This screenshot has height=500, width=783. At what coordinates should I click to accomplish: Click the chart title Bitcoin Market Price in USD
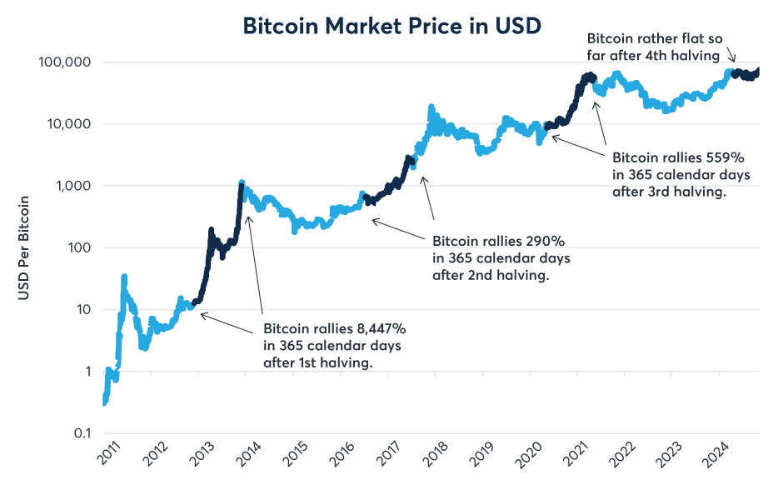(391, 26)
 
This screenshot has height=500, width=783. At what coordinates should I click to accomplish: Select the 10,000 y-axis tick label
(67, 124)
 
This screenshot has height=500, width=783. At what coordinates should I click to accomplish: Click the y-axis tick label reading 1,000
(71, 186)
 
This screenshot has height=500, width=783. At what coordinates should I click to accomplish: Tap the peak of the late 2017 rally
(431, 107)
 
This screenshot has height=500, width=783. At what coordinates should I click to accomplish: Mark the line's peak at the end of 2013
(242, 182)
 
